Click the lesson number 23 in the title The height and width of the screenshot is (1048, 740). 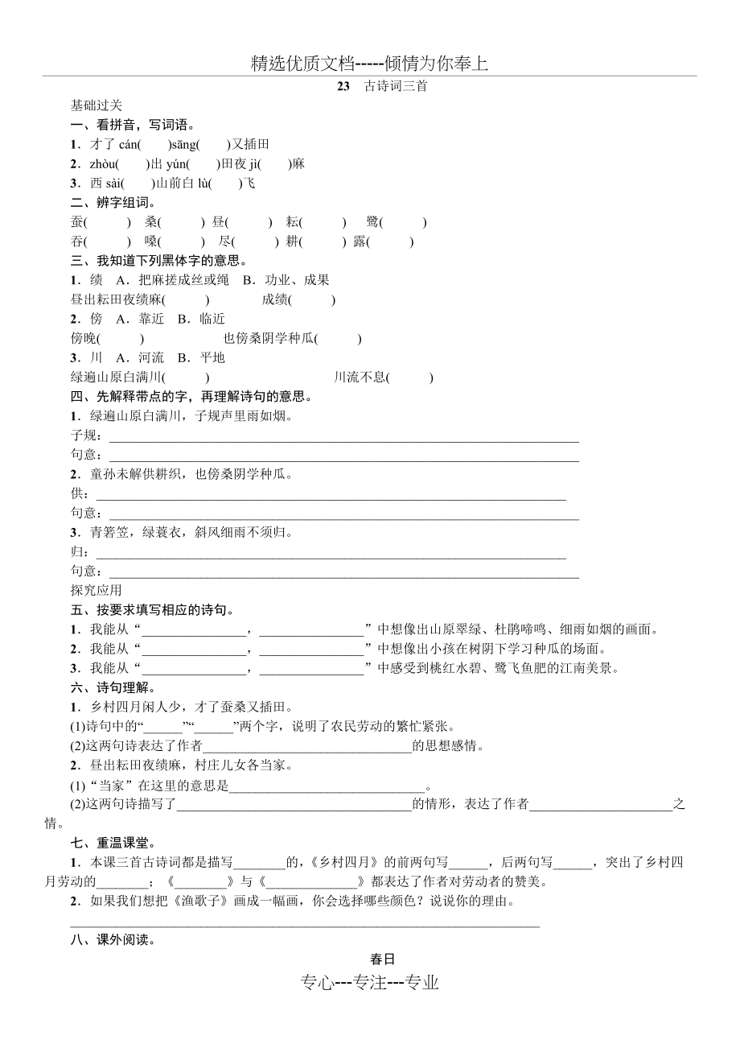(344, 86)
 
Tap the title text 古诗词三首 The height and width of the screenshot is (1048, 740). (396, 86)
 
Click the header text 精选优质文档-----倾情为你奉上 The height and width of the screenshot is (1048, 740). (370, 64)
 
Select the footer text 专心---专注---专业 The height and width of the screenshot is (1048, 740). (370, 982)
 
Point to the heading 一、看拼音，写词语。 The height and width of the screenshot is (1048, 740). (134, 125)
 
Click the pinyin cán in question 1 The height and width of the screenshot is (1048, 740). (128, 144)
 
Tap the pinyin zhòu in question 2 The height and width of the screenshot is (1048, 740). (105, 163)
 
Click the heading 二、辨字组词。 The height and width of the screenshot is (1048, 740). (114, 202)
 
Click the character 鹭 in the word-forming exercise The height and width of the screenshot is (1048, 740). (372, 222)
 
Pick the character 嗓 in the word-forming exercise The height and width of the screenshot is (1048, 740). (151, 241)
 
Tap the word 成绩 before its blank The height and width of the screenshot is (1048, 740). (274, 299)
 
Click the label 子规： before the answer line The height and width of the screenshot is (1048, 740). (86, 435)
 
